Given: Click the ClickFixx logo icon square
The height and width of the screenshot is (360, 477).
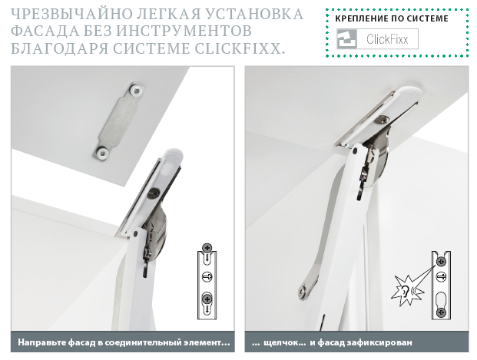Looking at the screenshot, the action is (x=346, y=39).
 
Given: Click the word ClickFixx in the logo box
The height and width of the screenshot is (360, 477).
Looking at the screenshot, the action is (x=387, y=39).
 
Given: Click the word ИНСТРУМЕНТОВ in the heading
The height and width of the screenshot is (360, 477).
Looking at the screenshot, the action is (x=184, y=31).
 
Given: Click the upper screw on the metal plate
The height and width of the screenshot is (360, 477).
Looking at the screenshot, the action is (x=136, y=90).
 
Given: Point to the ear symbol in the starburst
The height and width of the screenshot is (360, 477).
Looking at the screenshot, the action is (x=404, y=291).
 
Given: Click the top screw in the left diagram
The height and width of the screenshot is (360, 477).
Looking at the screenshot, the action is (x=207, y=247).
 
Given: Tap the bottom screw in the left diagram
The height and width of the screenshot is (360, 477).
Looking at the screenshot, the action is (x=207, y=299).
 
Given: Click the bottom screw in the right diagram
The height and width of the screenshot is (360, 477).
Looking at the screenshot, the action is (x=441, y=312).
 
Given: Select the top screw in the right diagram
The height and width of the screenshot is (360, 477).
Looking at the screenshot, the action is (x=441, y=262).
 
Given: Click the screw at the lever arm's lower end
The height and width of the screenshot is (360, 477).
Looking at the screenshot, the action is (x=303, y=290).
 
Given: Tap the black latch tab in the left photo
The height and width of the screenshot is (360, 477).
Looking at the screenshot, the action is (x=145, y=269).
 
